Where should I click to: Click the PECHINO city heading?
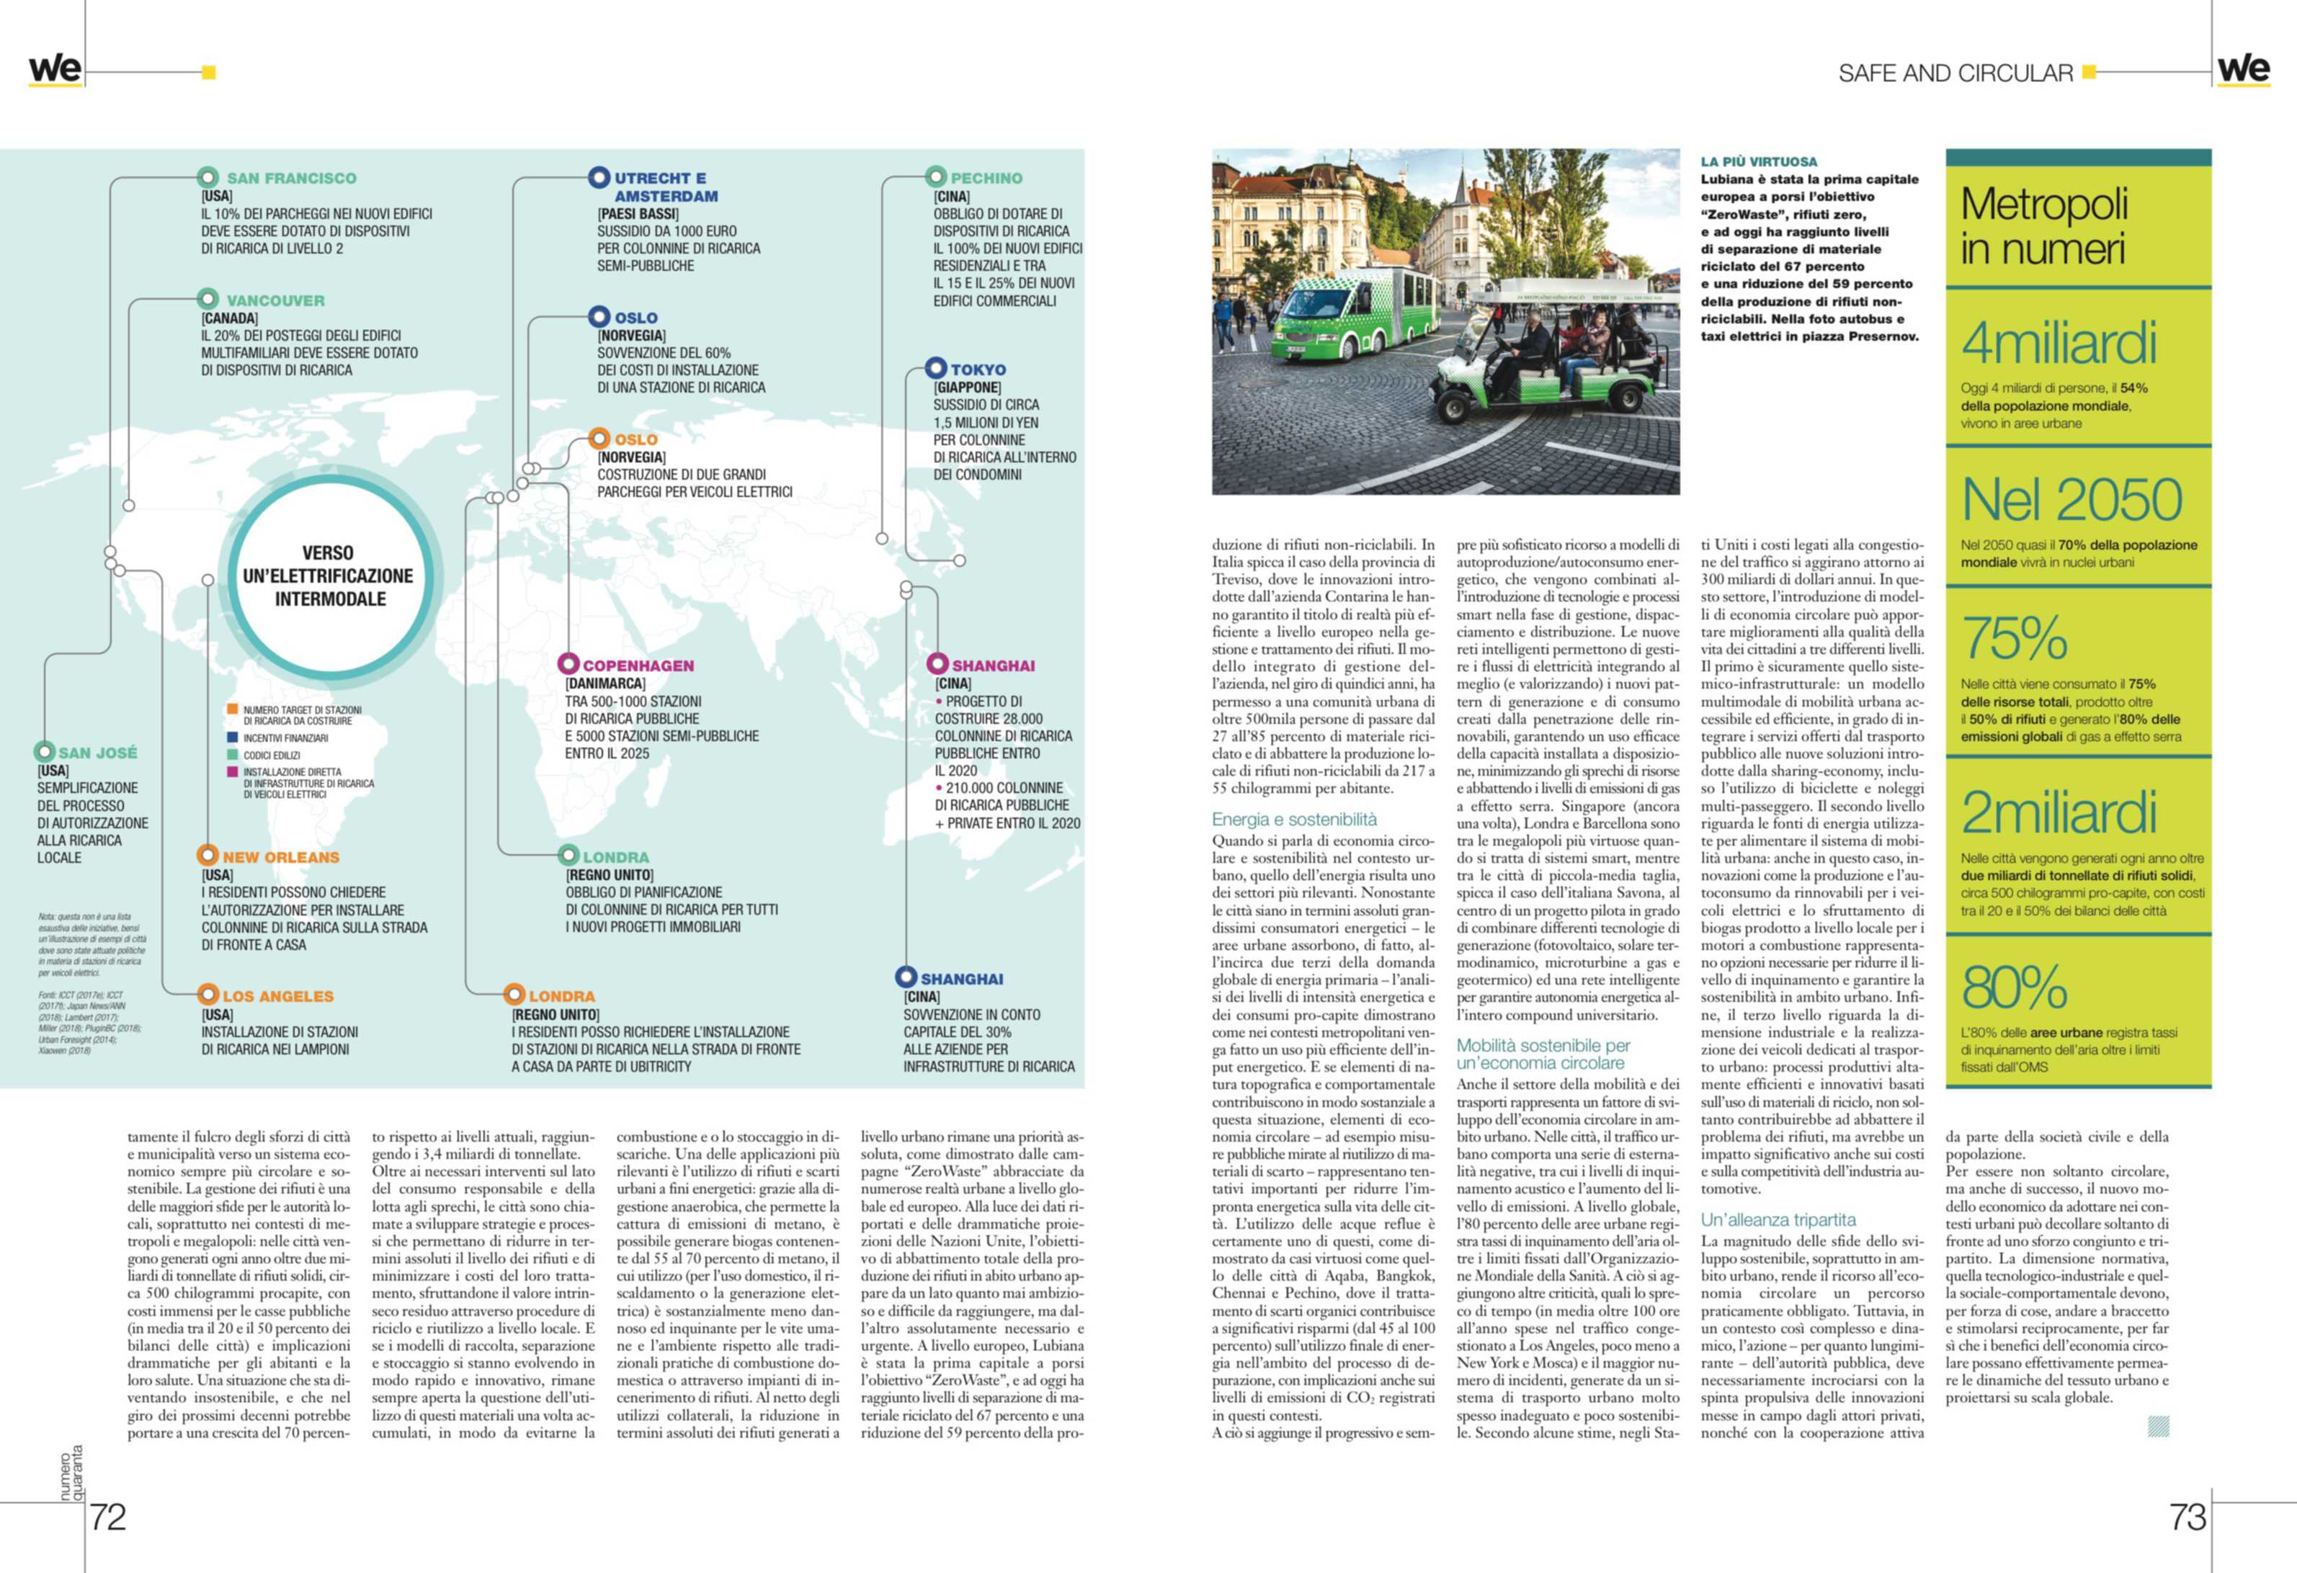click(x=986, y=179)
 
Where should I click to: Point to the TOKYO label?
click(x=978, y=369)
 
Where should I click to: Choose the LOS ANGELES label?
click(x=277, y=996)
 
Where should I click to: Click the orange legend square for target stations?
click(x=231, y=709)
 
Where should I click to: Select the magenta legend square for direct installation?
click(x=231, y=771)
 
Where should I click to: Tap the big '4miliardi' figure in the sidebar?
click(x=2058, y=344)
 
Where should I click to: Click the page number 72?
click(x=108, y=1517)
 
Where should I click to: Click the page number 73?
click(x=2187, y=1517)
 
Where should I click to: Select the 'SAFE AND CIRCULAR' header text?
click(x=1955, y=73)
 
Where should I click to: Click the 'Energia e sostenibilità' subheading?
click(x=1294, y=819)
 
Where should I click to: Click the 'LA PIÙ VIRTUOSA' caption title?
click(x=1758, y=161)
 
